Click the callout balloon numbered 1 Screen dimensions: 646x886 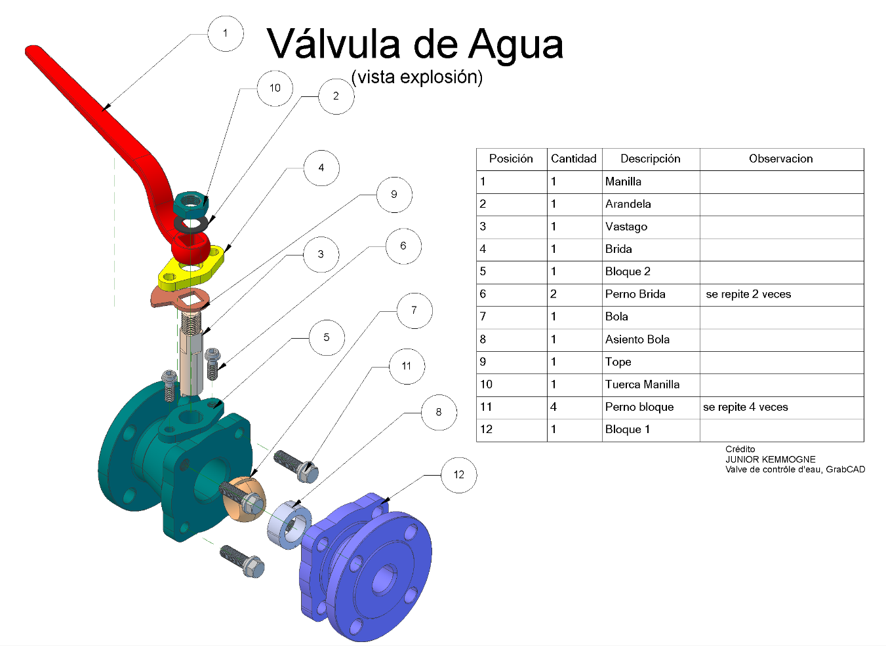pyautogui.click(x=225, y=33)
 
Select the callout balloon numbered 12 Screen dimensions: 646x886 pyautogui.click(x=458, y=475)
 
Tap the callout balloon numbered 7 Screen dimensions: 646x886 pyautogui.click(x=414, y=311)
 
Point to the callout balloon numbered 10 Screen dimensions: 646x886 pyautogui.click(x=275, y=88)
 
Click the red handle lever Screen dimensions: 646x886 pyautogui.click(x=98, y=111)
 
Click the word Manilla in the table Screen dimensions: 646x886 pyautogui.click(x=623, y=181)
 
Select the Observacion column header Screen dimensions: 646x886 pyautogui.click(x=780, y=159)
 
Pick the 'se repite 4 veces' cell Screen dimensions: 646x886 pyautogui.click(x=746, y=407)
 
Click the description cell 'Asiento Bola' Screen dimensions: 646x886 pyautogui.click(x=637, y=339)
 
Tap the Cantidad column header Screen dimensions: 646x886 pyautogui.click(x=573, y=159)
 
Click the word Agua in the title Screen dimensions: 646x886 pyautogui.click(x=515, y=45)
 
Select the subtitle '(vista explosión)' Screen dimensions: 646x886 pyautogui.click(x=417, y=77)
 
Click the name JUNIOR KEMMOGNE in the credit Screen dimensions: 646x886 pyautogui.click(x=770, y=459)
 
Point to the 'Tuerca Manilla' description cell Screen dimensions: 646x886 pyautogui.click(x=642, y=385)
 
